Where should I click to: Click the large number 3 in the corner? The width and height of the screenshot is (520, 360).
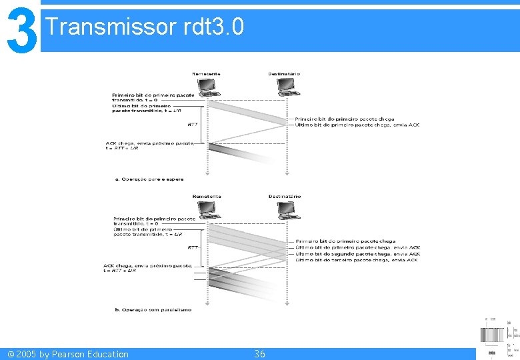pyautogui.click(x=19, y=29)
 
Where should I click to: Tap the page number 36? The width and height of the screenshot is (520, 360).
pyautogui.click(x=259, y=354)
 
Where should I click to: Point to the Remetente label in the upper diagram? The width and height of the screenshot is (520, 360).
pyautogui.click(x=206, y=73)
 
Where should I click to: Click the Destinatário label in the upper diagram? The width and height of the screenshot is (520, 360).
pyautogui.click(x=284, y=73)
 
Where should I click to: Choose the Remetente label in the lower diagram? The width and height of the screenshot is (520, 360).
pyautogui.click(x=206, y=197)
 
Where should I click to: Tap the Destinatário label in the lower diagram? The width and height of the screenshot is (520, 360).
pyautogui.click(x=285, y=197)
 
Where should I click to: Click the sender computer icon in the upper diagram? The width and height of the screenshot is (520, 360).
pyautogui.click(x=207, y=87)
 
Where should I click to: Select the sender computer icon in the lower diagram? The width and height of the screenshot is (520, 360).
pyautogui.click(x=208, y=210)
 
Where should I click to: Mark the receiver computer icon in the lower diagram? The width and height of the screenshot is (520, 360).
pyautogui.click(x=288, y=210)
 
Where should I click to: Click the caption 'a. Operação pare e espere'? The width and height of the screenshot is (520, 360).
pyautogui.click(x=149, y=179)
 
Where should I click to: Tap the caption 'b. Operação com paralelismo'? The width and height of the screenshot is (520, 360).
pyautogui.click(x=153, y=309)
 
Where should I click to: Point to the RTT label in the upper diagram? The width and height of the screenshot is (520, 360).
pyautogui.click(x=193, y=125)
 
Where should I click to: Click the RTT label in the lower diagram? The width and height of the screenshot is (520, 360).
pyautogui.click(x=193, y=247)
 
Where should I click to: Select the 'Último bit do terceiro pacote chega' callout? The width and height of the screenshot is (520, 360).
pyautogui.click(x=357, y=259)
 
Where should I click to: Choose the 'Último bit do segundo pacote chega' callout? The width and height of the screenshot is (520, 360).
pyautogui.click(x=357, y=253)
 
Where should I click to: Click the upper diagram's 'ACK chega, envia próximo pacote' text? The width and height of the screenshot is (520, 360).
pyautogui.click(x=150, y=143)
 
